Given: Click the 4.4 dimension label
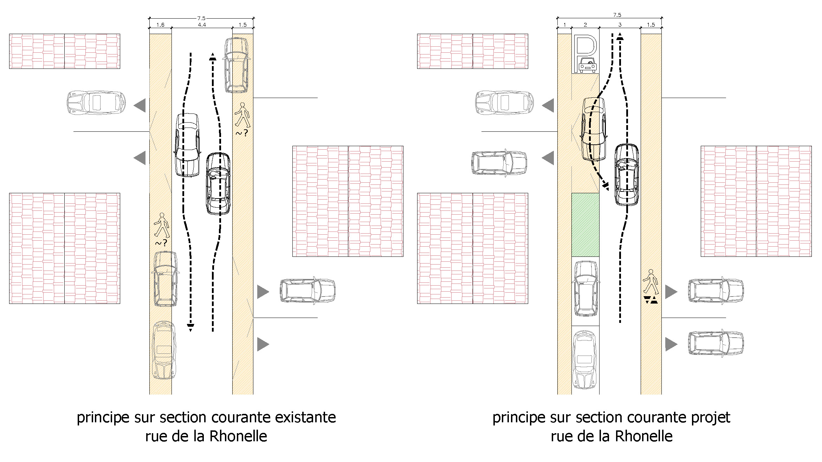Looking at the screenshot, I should [x=202, y=25].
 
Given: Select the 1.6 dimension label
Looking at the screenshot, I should [x=160, y=25].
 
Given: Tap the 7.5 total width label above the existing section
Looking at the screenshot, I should [x=201, y=18].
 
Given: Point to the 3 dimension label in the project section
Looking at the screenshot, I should [x=620, y=25].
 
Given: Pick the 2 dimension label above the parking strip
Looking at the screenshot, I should [x=585, y=25].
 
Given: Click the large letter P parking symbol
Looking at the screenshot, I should [x=585, y=47].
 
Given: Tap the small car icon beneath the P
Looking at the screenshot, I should [x=587, y=66].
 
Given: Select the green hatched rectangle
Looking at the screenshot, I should [x=585, y=225].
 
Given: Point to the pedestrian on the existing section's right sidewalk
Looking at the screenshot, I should [x=242, y=115].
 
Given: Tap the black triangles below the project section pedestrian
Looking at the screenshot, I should [x=651, y=300].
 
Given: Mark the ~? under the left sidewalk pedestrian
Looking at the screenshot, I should [x=161, y=243].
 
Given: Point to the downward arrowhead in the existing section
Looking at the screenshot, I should [x=190, y=328].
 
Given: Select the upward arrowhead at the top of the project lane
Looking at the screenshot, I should [x=620, y=36].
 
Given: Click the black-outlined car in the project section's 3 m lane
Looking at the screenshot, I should [x=627, y=175].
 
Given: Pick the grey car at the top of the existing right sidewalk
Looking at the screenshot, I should [x=237, y=65].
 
